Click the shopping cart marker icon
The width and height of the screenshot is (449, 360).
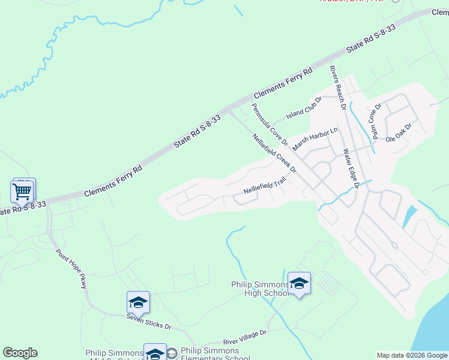[22, 193]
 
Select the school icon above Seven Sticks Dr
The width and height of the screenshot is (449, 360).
[138, 302]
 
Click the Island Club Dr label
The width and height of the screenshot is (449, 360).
[304, 107]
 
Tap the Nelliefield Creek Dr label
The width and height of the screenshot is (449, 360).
[275, 154]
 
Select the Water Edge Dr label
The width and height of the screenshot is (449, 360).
[351, 169]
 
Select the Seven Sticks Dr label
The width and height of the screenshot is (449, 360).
[149, 323]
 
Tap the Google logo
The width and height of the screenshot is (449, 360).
[20, 353]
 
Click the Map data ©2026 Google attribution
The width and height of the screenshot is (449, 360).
[412, 355]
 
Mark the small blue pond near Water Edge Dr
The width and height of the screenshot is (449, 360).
[410, 216]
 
